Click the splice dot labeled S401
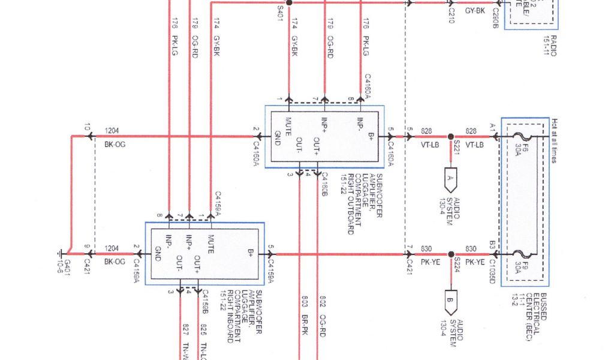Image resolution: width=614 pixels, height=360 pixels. (x=288, y=3)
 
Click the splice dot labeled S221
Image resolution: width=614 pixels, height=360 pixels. (x=450, y=136)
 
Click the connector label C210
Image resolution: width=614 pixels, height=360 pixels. (x=451, y=11)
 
